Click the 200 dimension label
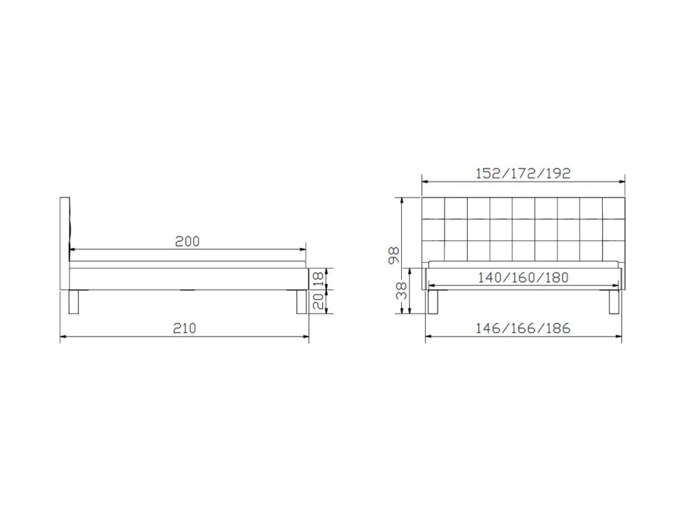(187, 241)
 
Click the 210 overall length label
(185, 328)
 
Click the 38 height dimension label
(402, 291)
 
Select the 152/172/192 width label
(523, 173)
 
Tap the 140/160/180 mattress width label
(523, 277)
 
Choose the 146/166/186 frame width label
(523, 328)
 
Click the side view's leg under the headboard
(75, 302)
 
